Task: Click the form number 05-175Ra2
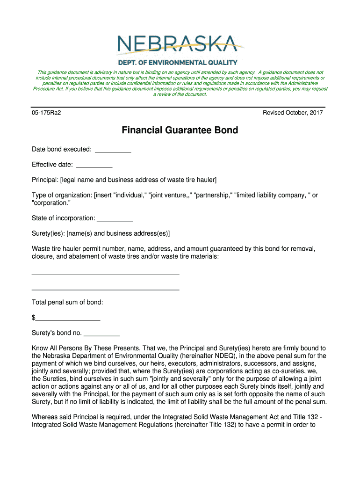pyautogui.click(x=47, y=113)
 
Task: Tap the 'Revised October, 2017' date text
pyautogui.click(x=293, y=113)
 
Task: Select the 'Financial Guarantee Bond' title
pyautogui.click(x=180, y=131)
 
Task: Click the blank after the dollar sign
pyautogui.click(x=68, y=319)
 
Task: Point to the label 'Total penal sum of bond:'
pyautogui.click(x=67, y=302)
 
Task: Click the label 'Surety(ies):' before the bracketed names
pyautogui.click(x=48, y=233)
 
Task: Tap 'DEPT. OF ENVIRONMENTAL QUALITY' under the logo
pyautogui.click(x=177, y=62)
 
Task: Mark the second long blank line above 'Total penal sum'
pyautogui.click(x=106, y=290)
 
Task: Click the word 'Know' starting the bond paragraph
pyautogui.click(x=40, y=348)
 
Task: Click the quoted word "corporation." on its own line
pyautogui.click(x=51, y=203)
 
